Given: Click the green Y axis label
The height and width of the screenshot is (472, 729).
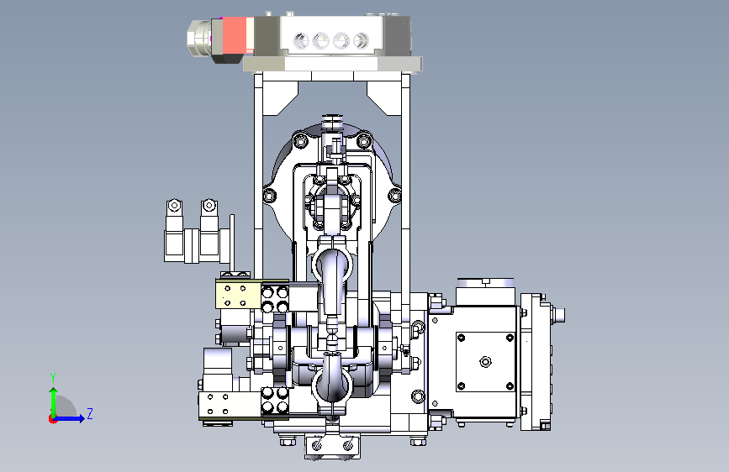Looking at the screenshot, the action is (53, 377).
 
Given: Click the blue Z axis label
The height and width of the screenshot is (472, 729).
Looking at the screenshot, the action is (90, 413).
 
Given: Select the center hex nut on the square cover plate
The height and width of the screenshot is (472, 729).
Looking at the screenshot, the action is (485, 361).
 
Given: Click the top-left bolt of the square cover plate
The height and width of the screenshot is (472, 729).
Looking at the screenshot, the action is (461, 338).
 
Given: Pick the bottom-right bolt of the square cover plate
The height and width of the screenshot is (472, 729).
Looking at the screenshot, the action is (510, 386).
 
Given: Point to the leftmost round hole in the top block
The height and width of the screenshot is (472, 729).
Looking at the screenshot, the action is (301, 40).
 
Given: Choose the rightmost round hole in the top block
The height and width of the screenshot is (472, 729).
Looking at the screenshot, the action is (361, 40).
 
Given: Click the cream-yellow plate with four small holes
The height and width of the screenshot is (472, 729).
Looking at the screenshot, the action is (238, 295).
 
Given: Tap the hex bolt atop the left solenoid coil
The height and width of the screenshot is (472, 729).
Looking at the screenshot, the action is (174, 205).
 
